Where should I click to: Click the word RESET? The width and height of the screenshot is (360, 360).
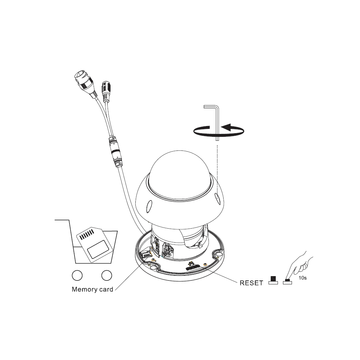click(251, 283)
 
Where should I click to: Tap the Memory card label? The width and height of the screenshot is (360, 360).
click(93, 289)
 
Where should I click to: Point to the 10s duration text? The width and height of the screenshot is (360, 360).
click(302, 278)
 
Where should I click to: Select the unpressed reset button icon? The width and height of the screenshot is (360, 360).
click(273, 280)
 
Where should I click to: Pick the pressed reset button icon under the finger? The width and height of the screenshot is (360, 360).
click(287, 282)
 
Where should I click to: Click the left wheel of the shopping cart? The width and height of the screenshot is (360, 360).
click(77, 275)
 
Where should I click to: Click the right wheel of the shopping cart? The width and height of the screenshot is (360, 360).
click(107, 275)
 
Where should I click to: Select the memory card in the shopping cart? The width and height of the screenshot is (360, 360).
click(94, 245)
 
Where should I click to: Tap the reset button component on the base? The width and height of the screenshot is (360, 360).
click(193, 266)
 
